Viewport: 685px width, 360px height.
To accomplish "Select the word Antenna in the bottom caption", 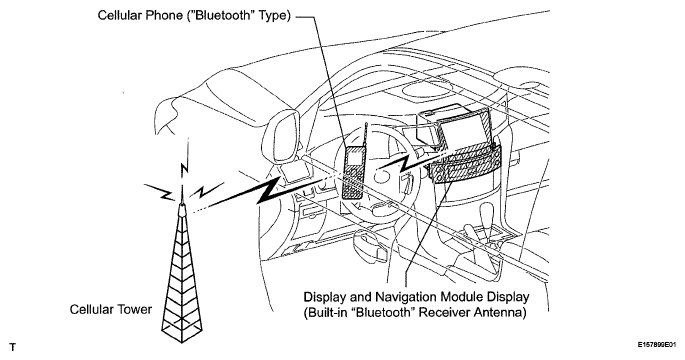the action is coord(502,313).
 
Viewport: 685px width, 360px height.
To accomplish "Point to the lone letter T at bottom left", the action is coord(13,347).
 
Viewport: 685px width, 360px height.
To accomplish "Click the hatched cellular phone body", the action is coord(353,173).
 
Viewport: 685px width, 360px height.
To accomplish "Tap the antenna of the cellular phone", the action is coord(365,136).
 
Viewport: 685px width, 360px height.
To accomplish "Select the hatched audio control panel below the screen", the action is coord(464,167).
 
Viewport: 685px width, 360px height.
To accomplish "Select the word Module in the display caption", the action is coord(460,297).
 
